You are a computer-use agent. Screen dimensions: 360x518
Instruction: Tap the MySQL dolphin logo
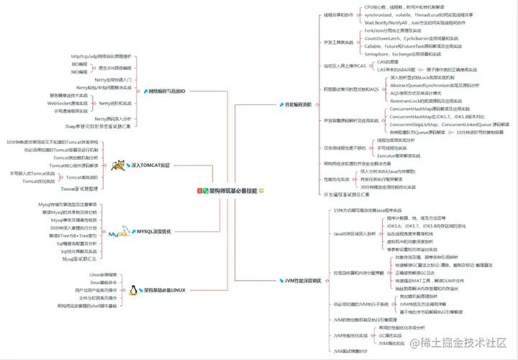(119, 233)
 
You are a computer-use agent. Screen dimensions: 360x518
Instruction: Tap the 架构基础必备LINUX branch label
(165, 290)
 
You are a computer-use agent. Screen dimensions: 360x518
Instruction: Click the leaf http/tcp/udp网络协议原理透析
(101, 55)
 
